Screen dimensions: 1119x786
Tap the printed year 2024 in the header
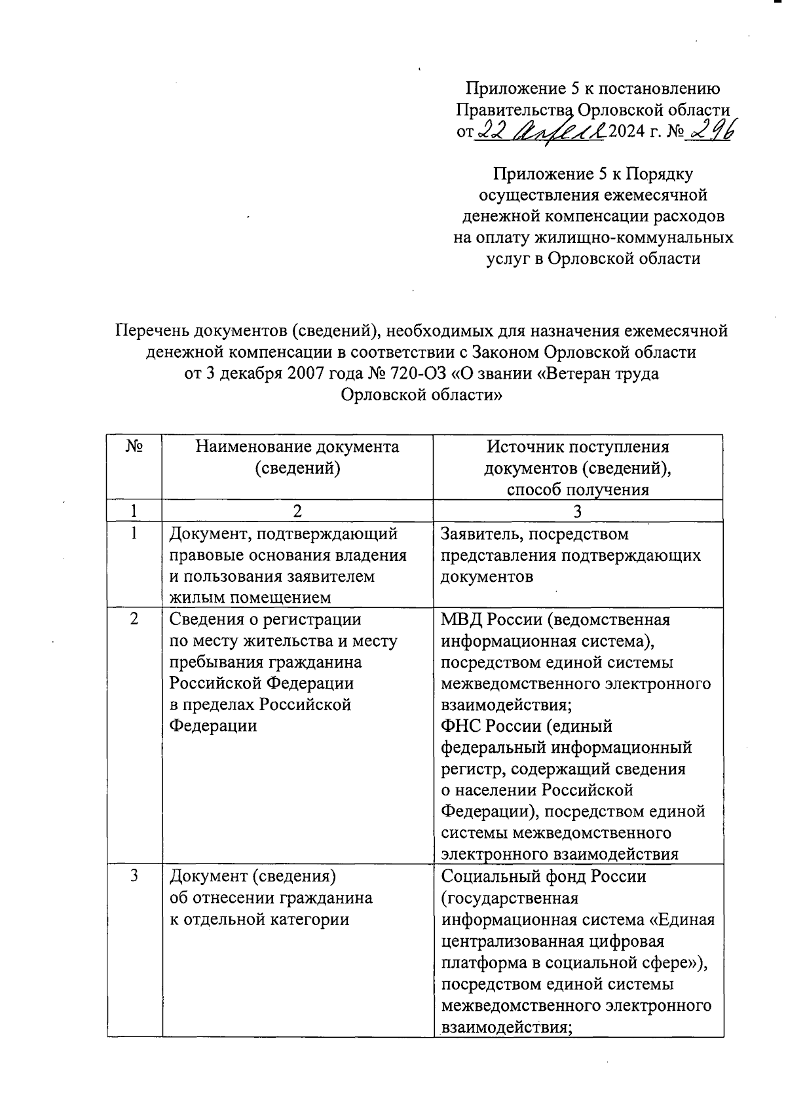[626, 132]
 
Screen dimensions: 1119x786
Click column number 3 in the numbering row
[578, 511]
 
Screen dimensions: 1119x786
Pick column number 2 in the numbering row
[297, 511]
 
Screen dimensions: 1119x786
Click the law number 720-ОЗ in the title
[417, 374]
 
